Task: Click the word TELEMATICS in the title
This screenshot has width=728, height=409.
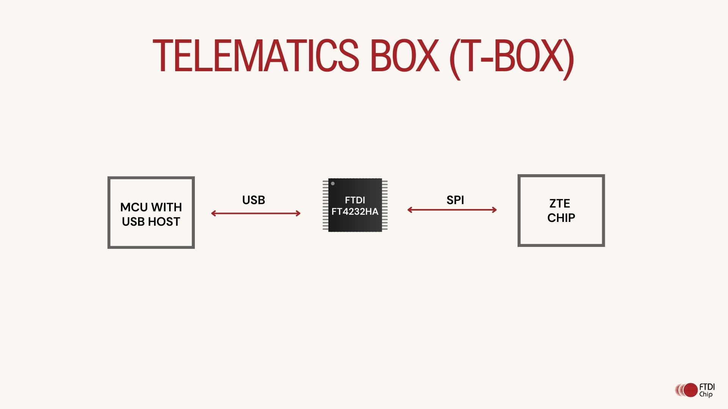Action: click(x=255, y=56)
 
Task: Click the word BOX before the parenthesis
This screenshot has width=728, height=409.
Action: click(x=404, y=56)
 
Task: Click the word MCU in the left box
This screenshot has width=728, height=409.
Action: click(x=133, y=207)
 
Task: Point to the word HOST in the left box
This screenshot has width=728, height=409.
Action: click(x=164, y=222)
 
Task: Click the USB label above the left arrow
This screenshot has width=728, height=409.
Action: click(x=253, y=200)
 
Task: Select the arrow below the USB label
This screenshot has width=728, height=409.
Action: click(x=256, y=214)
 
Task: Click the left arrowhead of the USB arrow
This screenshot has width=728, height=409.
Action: click(x=213, y=214)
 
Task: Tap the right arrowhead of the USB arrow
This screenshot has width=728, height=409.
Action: click(x=298, y=214)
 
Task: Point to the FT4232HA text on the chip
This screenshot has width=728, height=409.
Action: click(x=355, y=212)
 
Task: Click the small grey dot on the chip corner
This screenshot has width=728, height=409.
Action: click(x=333, y=184)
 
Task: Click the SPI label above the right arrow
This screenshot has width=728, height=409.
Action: click(x=455, y=200)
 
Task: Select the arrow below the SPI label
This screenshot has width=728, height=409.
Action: click(x=452, y=210)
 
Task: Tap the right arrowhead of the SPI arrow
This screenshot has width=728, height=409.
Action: click(x=495, y=210)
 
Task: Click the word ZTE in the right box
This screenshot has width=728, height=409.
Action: click(x=560, y=203)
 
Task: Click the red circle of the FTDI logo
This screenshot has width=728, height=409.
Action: click(x=690, y=390)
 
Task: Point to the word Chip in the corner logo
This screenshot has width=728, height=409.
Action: click(x=706, y=394)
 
